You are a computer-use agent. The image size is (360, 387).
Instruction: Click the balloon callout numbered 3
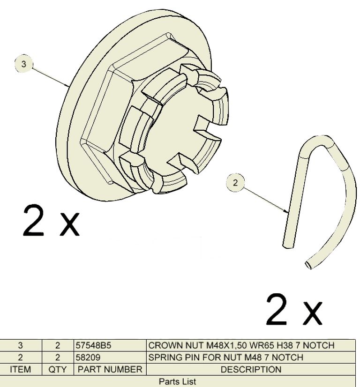click(x=23, y=64)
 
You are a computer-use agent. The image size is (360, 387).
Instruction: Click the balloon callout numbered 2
click(x=235, y=183)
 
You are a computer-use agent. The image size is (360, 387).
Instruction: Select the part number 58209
click(x=88, y=357)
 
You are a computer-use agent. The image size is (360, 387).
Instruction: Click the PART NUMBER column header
click(x=110, y=370)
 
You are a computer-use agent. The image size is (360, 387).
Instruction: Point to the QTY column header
click(x=58, y=370)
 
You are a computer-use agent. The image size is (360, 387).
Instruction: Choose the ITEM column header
click(x=21, y=370)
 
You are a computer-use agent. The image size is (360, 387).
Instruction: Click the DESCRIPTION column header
click(x=251, y=370)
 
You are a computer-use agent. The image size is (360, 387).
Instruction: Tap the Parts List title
click(x=178, y=381)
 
